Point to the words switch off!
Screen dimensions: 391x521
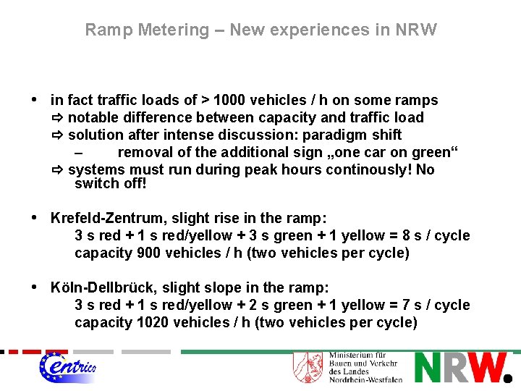110,183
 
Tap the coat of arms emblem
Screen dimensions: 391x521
307,367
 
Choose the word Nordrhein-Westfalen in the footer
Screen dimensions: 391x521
365,379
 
